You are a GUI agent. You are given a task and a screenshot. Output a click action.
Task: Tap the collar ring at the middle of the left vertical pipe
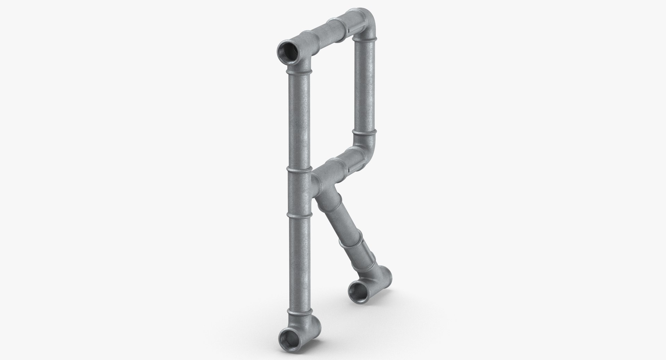[x=299, y=170]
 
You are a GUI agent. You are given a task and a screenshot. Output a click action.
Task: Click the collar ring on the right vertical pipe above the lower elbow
[x=365, y=132]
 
